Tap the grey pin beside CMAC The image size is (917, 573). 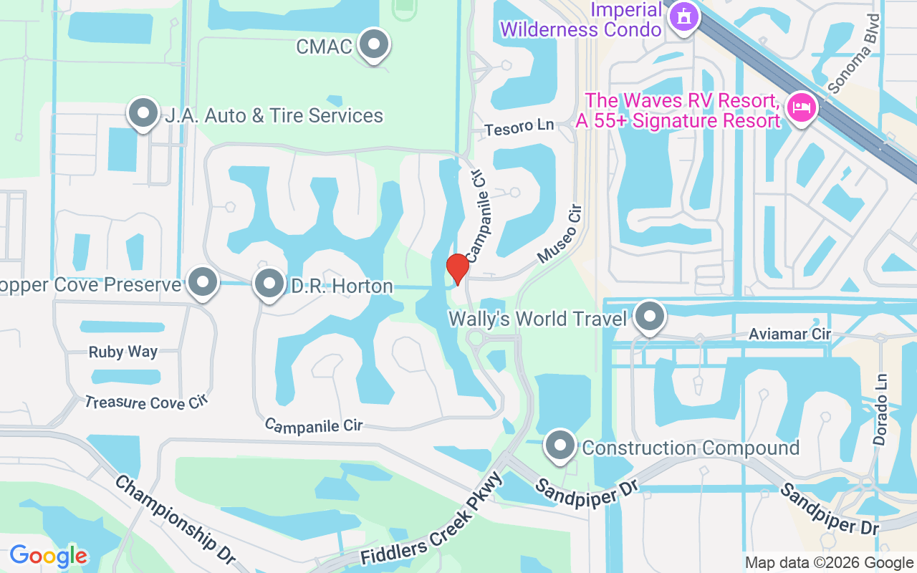373,44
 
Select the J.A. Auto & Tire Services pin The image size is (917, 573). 143,113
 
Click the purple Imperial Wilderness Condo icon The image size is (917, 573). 683,16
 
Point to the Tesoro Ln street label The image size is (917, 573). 519,127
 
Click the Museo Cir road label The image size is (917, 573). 559,233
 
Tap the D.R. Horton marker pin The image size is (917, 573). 269,284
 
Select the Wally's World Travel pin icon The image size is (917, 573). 650,317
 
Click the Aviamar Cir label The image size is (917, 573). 789,334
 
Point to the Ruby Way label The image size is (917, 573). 123,352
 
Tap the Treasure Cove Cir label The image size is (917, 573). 145,403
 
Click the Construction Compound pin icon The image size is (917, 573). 560,446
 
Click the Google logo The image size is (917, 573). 48,556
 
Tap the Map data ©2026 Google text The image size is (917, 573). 829,563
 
